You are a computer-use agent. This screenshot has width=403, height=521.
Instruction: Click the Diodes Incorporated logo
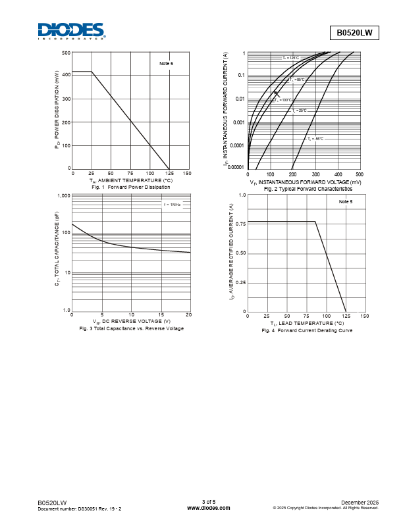click(x=70, y=31)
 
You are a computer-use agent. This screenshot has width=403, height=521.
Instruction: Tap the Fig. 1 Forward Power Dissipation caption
click(x=130, y=187)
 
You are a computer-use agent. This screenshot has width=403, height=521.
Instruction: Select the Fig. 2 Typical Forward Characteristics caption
click(x=308, y=189)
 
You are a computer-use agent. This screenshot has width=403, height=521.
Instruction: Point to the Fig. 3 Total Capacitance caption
click(x=131, y=328)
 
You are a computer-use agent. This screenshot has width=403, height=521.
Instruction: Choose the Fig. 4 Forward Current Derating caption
click(x=307, y=330)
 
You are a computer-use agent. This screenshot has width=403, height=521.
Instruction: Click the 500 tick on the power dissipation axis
click(x=67, y=53)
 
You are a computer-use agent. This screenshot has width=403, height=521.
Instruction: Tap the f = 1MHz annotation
click(x=172, y=205)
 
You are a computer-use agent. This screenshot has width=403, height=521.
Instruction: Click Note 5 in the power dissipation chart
click(x=166, y=64)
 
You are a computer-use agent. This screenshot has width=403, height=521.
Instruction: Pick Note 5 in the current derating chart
click(x=346, y=202)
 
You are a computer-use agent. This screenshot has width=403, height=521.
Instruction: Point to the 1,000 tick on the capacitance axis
click(x=64, y=196)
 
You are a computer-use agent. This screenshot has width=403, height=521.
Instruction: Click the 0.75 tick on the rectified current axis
click(x=240, y=224)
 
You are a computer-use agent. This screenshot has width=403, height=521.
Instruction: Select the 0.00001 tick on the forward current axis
click(x=235, y=167)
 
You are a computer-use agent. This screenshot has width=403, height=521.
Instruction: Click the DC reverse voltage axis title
click(x=131, y=321)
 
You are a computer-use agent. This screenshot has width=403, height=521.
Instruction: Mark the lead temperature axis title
click(x=307, y=323)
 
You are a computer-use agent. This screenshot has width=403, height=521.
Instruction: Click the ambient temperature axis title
click(x=130, y=180)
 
